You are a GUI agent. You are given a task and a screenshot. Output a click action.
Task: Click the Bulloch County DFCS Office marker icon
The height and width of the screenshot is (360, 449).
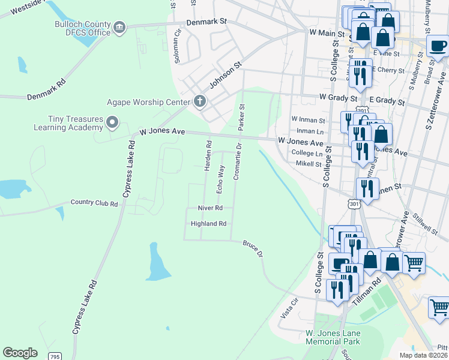click(x=119, y=27)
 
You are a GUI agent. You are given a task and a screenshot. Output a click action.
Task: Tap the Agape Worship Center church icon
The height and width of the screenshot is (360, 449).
click(x=199, y=101)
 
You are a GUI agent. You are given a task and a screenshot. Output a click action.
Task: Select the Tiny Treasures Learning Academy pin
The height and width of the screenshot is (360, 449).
click(x=112, y=123)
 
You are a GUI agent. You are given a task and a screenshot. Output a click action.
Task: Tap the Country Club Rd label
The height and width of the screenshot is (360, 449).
click(x=94, y=203)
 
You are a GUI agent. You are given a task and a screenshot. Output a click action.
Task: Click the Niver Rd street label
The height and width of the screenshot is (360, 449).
click(x=210, y=208)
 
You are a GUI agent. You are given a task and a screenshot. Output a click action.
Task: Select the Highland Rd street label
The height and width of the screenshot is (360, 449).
click(x=208, y=224)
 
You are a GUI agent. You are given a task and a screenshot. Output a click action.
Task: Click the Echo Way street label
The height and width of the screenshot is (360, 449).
click(x=220, y=178)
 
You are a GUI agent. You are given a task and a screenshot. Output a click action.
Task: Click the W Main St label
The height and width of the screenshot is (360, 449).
click(x=325, y=32)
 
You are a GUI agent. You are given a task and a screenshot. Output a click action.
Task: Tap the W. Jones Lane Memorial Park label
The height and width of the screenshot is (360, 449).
click(x=332, y=337)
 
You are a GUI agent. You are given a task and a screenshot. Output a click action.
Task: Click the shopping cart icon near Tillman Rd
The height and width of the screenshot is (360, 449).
click(x=414, y=262)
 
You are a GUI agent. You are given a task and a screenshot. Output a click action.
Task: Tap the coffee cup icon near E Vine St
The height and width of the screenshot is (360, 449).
click(x=438, y=45)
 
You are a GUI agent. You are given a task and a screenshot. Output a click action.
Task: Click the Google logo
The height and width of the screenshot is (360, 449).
click(x=20, y=353)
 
